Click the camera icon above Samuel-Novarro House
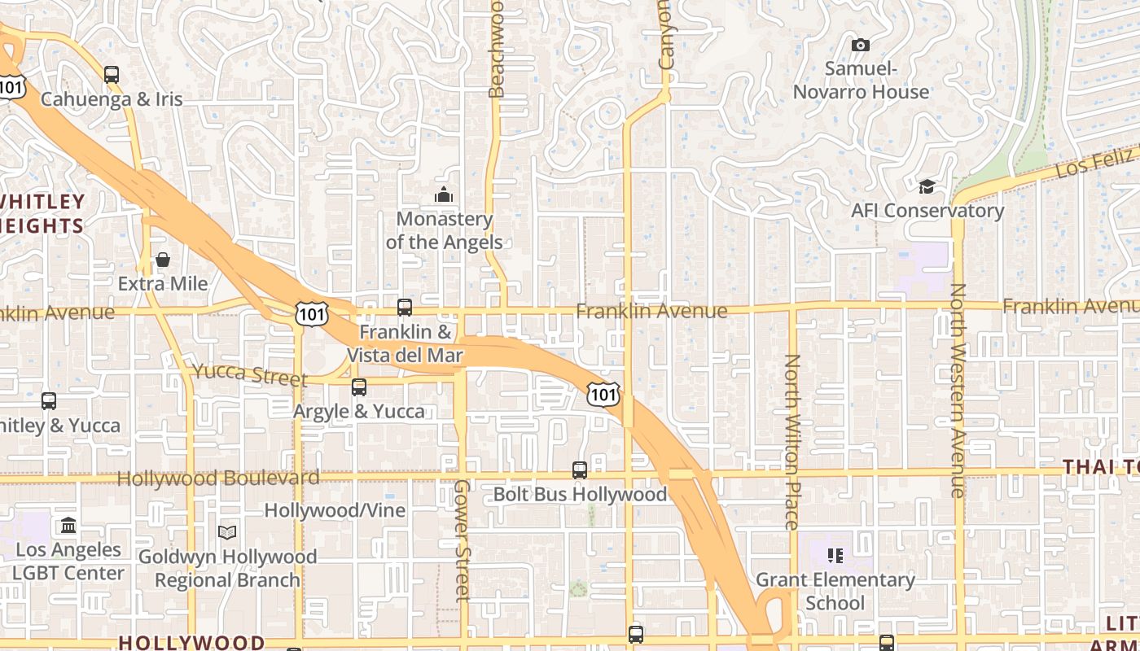pos(861,46)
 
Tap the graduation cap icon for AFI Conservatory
pos(927,187)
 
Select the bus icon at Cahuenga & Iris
pos(112,75)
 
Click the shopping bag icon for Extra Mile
pos(163,260)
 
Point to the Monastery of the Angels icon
pos(444,194)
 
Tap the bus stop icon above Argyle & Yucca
pos(359,387)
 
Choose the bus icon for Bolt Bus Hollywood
pos(580,470)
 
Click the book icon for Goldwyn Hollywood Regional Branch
pos(227,532)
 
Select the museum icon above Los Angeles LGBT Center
pos(68,525)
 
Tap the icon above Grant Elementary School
pos(835,556)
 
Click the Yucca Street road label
pos(249,375)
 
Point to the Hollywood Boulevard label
pos(218,478)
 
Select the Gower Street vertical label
pos(462,540)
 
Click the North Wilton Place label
pos(792,442)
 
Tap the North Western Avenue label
pos(958,391)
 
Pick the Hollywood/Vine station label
pos(335,510)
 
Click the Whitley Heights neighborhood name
pos(42,213)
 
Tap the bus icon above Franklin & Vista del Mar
pos(405,308)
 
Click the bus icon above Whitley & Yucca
pos(49,401)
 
